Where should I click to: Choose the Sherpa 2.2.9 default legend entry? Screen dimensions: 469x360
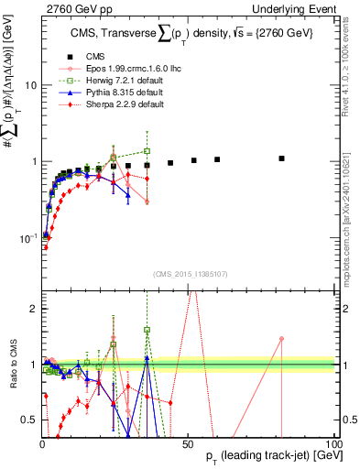pyautogui.click(x=110, y=105)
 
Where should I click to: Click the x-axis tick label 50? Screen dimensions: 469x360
pyautogui.click(x=188, y=443)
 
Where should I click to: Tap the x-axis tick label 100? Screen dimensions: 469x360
pyautogui.click(x=333, y=443)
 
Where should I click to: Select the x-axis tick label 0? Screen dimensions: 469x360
pyautogui.click(x=42, y=443)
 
